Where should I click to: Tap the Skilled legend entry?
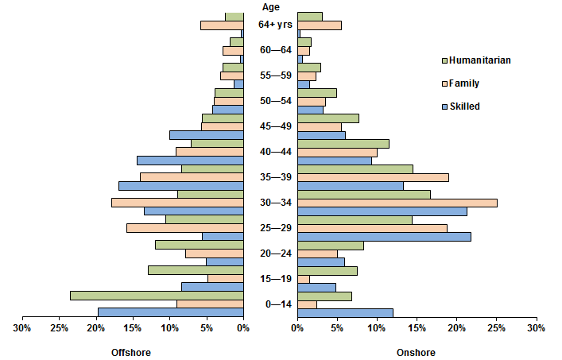pos(464,106)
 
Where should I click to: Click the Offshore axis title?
pos(130,352)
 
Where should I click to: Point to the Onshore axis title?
pos(416,352)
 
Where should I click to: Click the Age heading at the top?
pos(270,6)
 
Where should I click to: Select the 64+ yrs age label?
pos(270,25)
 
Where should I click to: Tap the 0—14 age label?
pos(270,304)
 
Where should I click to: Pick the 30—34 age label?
pos(270,203)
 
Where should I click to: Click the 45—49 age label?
pos(270,126)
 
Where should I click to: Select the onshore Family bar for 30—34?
pos(397,203)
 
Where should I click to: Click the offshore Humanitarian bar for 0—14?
pos(157,296)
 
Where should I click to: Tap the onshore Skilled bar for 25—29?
pos(384,237)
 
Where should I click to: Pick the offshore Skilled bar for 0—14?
pos(170,312)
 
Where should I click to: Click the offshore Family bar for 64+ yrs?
pos(222,25)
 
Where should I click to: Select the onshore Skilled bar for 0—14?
pos(345,312)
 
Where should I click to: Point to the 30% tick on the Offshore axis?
pos(22,327)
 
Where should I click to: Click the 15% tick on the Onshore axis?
pos(417,327)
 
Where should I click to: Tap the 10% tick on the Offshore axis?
pos(170,327)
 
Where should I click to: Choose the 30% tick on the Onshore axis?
pos(537,327)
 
